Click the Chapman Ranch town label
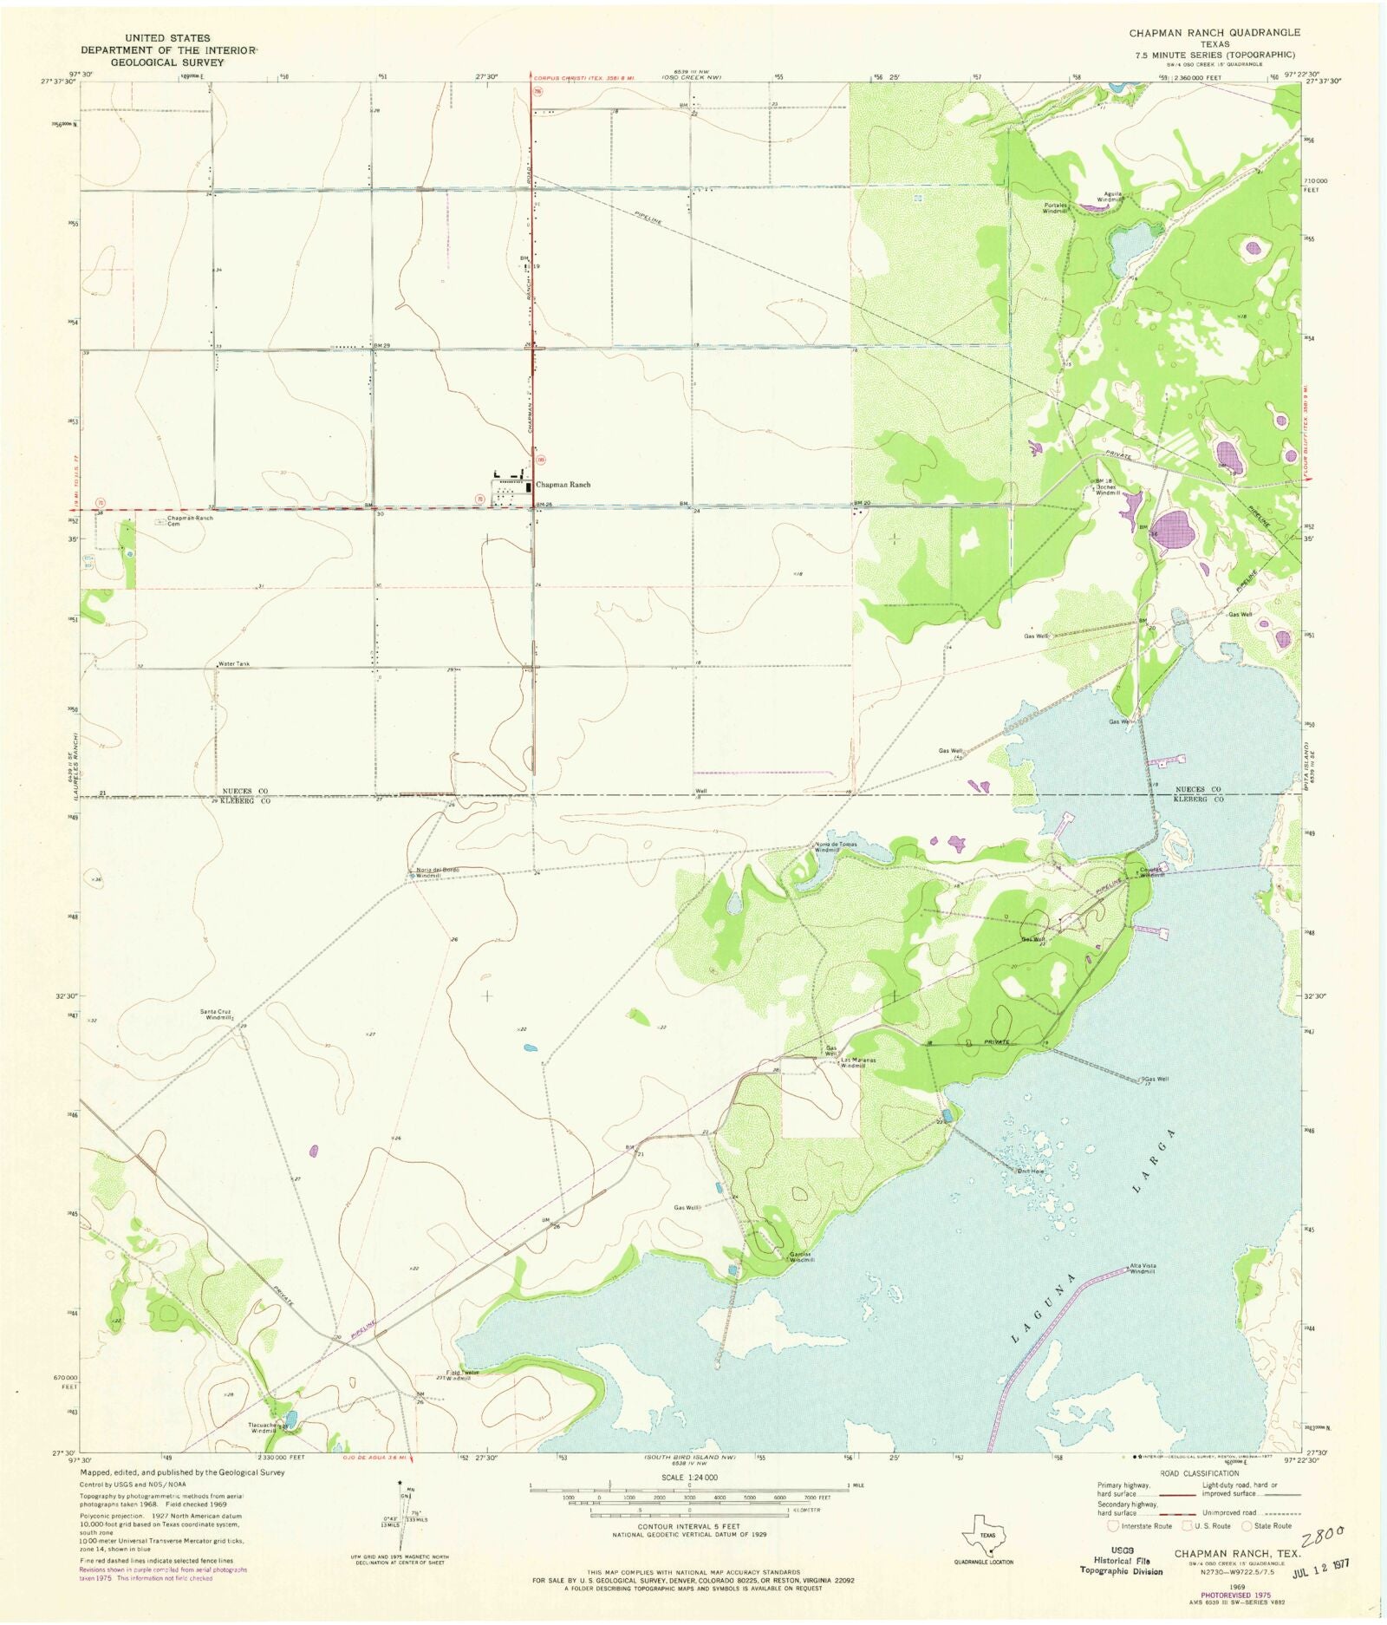563,485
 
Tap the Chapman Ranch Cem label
190,520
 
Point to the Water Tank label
234,663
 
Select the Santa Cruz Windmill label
216,1014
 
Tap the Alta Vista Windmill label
1142,1268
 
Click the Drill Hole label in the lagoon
1030,1171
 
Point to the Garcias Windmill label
801,1257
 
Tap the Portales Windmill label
1055,208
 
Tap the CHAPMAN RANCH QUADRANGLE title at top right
1214,32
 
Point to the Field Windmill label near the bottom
457,1375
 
